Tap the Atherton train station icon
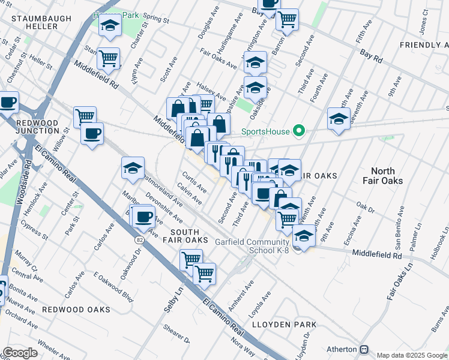click(364, 349)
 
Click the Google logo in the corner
click(20, 353)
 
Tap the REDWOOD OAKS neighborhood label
click(76, 310)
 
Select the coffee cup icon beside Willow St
click(92, 133)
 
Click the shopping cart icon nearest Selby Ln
click(191, 260)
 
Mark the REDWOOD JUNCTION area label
click(37, 127)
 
